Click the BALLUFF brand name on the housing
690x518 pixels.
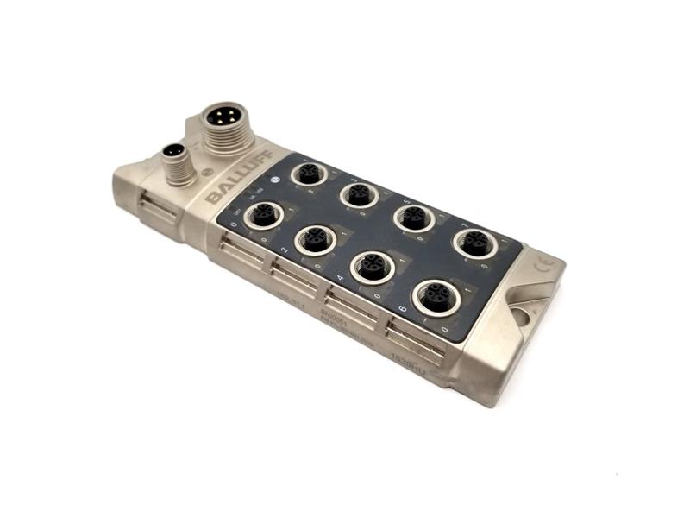235,183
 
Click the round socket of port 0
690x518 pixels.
261,213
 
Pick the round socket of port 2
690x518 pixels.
315,239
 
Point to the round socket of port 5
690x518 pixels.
415,216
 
